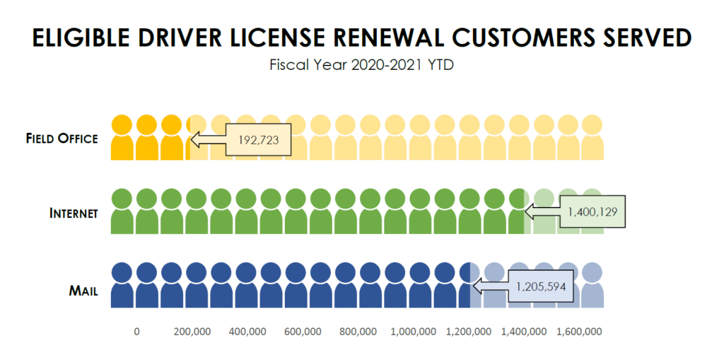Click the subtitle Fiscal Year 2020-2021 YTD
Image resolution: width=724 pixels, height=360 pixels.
click(361, 66)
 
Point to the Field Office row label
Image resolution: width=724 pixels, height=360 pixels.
click(62, 139)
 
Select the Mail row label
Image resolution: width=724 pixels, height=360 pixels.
click(83, 290)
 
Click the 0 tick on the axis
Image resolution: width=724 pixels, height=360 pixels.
click(136, 332)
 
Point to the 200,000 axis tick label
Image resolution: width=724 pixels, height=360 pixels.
click(192, 332)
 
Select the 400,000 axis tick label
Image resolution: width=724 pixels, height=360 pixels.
click(247, 332)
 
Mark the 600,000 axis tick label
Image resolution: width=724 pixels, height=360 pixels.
click(303, 332)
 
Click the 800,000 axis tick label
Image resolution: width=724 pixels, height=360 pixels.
click(358, 332)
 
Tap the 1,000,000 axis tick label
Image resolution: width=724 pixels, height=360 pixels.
click(413, 332)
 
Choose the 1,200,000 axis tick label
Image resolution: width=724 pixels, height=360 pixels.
click(469, 332)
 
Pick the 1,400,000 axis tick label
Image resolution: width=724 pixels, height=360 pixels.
click(524, 332)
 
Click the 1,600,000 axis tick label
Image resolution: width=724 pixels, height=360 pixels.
click(579, 332)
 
